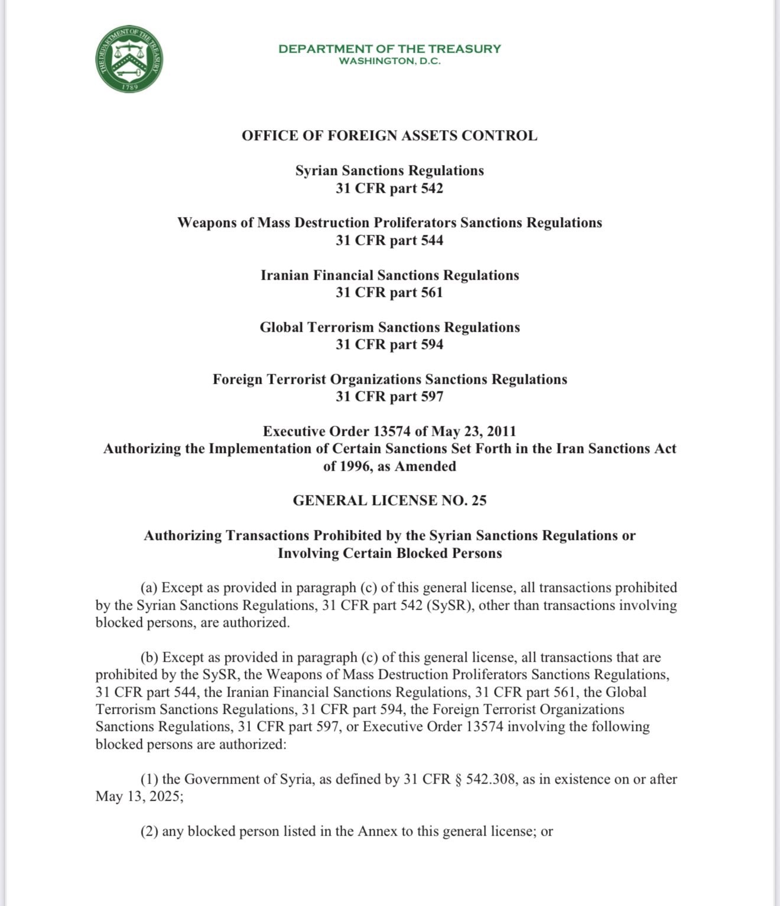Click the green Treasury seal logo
tap(129, 59)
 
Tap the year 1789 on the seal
tap(130, 87)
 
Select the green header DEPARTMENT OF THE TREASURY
tap(389, 48)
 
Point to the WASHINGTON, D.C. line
tap(389, 61)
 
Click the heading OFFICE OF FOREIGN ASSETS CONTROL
tap(389, 135)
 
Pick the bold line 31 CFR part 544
tap(389, 240)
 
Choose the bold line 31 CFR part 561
tap(389, 292)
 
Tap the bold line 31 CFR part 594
tap(389, 344)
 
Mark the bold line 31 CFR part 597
tap(389, 396)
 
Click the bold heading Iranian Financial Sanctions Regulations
tap(389, 275)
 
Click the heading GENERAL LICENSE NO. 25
tap(389, 500)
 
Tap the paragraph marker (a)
tap(149, 587)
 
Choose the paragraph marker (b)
tap(149, 657)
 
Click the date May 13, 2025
tap(138, 796)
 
